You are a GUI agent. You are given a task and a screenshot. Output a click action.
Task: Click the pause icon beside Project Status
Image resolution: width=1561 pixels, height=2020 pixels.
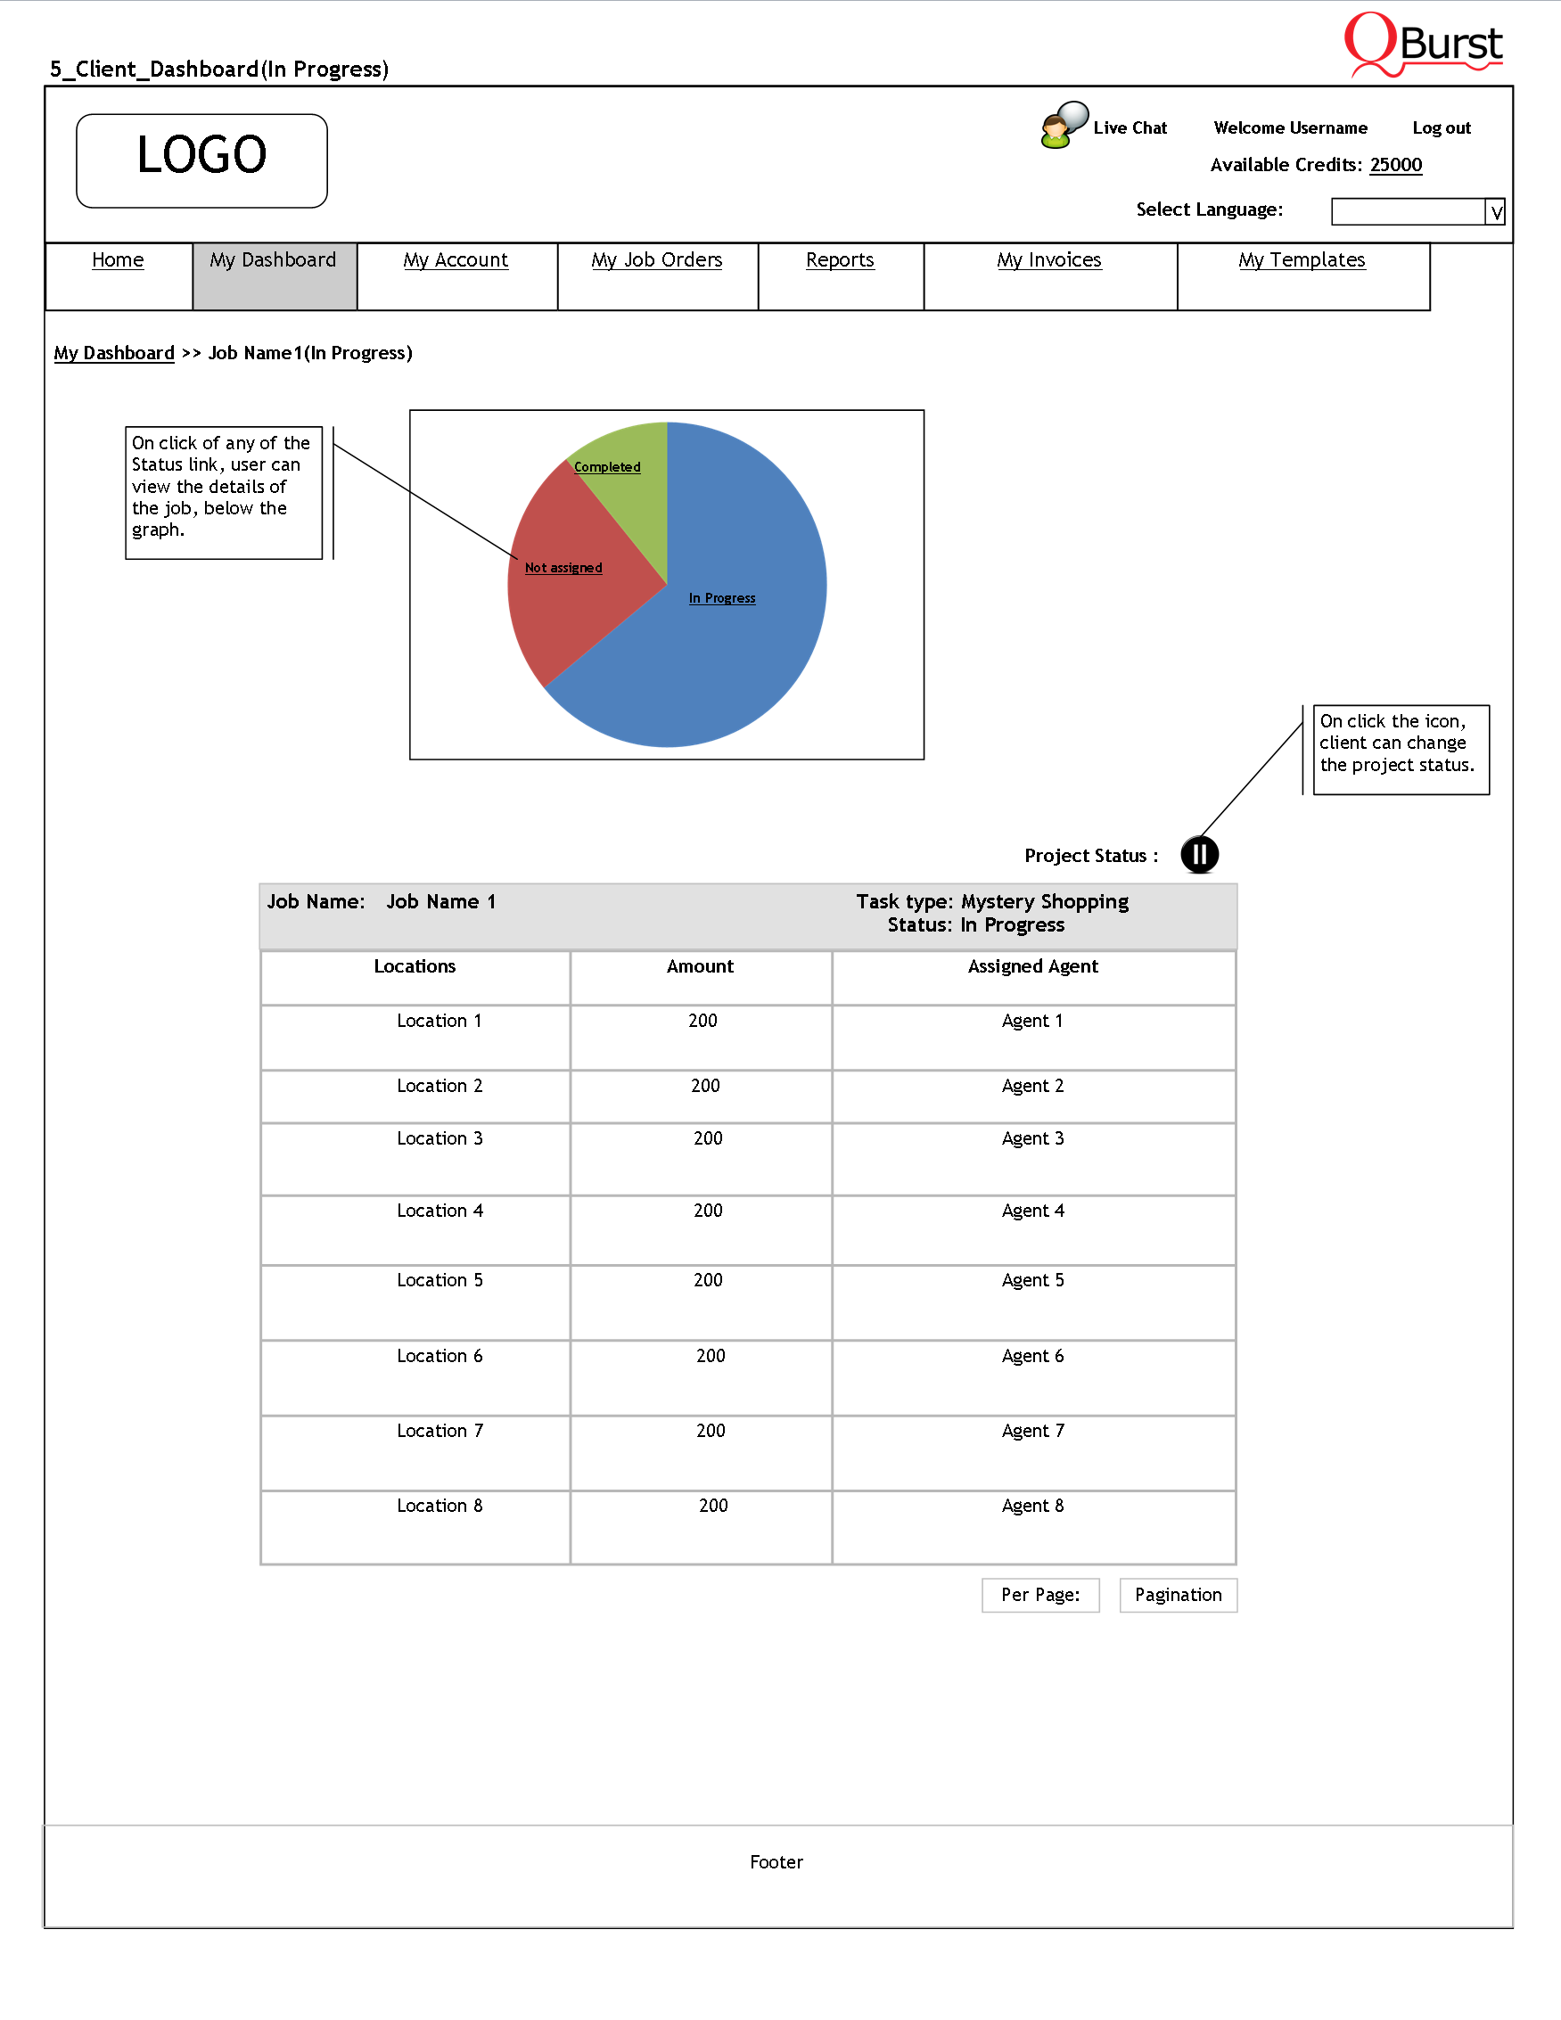pos(1199,855)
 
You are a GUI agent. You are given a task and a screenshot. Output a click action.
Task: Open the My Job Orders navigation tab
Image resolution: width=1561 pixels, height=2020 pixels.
pos(656,261)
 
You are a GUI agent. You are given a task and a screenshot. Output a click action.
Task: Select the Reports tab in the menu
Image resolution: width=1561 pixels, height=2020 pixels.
pos(840,261)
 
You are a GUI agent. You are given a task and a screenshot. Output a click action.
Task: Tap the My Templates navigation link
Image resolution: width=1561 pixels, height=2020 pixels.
pos(1302,261)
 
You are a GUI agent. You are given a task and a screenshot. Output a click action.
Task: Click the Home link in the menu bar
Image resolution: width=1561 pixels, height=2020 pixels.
pos(118,261)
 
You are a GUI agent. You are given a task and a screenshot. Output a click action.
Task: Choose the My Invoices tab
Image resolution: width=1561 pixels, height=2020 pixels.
pos(1048,261)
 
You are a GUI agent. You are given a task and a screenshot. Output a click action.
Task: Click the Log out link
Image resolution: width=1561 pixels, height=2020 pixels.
pos(1441,128)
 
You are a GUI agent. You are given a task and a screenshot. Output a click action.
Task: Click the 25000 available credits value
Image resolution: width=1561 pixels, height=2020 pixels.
pos(1395,166)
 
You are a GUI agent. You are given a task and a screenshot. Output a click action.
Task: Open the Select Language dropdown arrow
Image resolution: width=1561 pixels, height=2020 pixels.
pos(1495,213)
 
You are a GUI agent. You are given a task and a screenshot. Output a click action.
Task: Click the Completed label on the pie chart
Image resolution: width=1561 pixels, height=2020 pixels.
pos(606,467)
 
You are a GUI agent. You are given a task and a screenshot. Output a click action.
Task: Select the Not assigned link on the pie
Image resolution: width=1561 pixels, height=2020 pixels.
pos(563,568)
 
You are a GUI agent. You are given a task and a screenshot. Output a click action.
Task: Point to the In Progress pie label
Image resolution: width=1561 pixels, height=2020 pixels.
pos(721,598)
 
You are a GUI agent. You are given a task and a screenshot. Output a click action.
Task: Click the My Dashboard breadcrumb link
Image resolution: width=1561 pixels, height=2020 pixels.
pos(114,353)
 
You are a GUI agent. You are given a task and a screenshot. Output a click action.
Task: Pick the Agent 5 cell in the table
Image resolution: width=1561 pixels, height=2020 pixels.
pos(1032,1281)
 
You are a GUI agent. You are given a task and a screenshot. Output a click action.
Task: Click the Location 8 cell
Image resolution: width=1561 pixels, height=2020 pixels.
pos(440,1507)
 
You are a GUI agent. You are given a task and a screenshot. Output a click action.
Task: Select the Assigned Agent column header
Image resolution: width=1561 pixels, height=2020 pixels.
pos(1032,966)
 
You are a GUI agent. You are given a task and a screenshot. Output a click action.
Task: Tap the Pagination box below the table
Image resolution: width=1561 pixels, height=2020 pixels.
pos(1179,1596)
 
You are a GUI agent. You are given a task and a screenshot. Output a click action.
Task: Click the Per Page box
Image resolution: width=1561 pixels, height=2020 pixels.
pos(1040,1596)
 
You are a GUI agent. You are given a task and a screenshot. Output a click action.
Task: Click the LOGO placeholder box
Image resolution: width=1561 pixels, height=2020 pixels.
pos(201,161)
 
